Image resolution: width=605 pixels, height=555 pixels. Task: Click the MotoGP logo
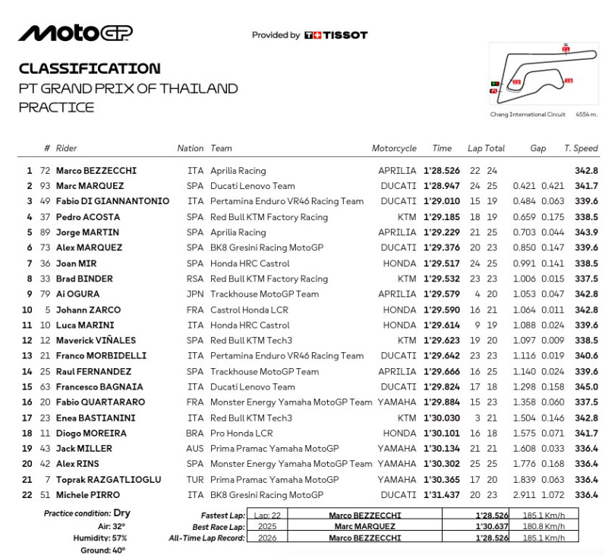pyautogui.click(x=75, y=33)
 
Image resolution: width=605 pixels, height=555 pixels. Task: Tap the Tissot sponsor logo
pyautogui.click(x=336, y=35)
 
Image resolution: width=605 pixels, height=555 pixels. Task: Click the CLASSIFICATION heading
pyautogui.click(x=90, y=68)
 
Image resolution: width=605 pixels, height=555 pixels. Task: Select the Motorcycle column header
pyautogui.click(x=394, y=149)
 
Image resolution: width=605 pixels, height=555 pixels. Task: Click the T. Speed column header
pyautogui.click(x=581, y=149)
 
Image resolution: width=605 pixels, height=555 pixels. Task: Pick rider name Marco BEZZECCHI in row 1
pyautogui.click(x=96, y=171)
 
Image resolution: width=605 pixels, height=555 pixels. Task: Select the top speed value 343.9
pyautogui.click(x=586, y=232)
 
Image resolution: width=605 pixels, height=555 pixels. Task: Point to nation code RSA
pyautogui.click(x=195, y=279)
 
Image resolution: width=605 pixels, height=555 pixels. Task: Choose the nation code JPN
pyautogui.click(x=195, y=294)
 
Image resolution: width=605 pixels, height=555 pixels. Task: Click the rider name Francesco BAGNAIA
pyautogui.click(x=99, y=386)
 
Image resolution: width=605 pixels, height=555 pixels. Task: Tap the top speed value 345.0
pyautogui.click(x=586, y=386)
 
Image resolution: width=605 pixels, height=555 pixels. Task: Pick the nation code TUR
pyautogui.click(x=195, y=479)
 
